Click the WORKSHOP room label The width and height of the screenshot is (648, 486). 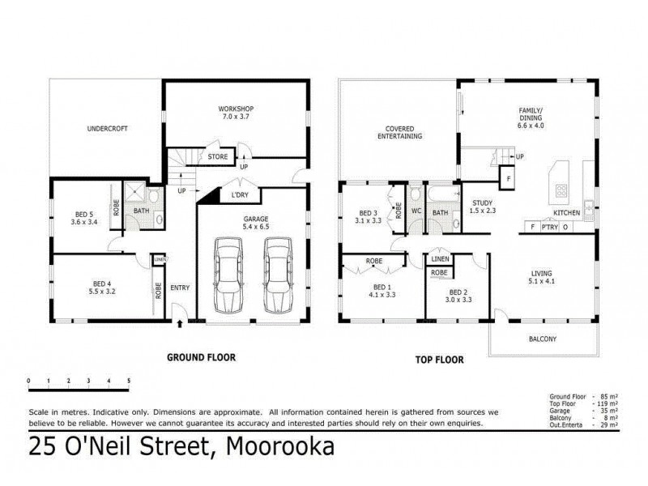(x=236, y=109)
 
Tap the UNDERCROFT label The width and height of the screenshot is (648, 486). (x=107, y=129)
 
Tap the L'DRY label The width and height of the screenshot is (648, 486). (x=239, y=195)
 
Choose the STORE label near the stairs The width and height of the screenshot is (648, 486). (x=217, y=157)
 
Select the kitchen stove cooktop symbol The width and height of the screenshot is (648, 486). (x=560, y=192)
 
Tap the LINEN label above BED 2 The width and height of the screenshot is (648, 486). (x=440, y=258)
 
